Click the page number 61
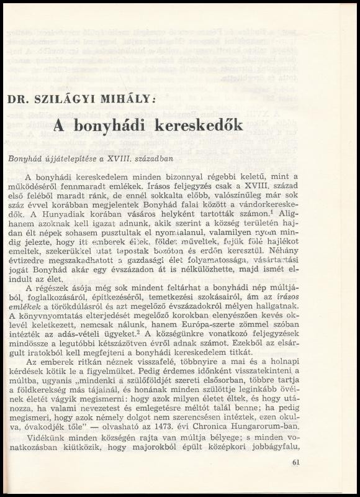[x=295, y=462]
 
